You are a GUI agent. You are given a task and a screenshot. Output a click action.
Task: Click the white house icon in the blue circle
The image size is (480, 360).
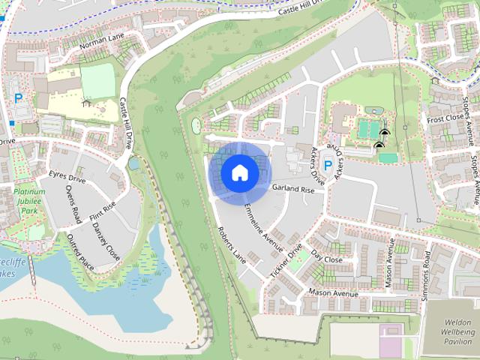238,172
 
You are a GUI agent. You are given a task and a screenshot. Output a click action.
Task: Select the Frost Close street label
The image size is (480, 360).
445,118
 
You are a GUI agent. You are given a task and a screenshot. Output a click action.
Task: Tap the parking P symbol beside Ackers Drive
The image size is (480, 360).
327,165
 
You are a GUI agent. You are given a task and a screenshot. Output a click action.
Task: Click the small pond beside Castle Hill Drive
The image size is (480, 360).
133,163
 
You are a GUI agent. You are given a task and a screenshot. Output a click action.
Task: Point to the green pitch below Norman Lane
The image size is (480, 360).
97,81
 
